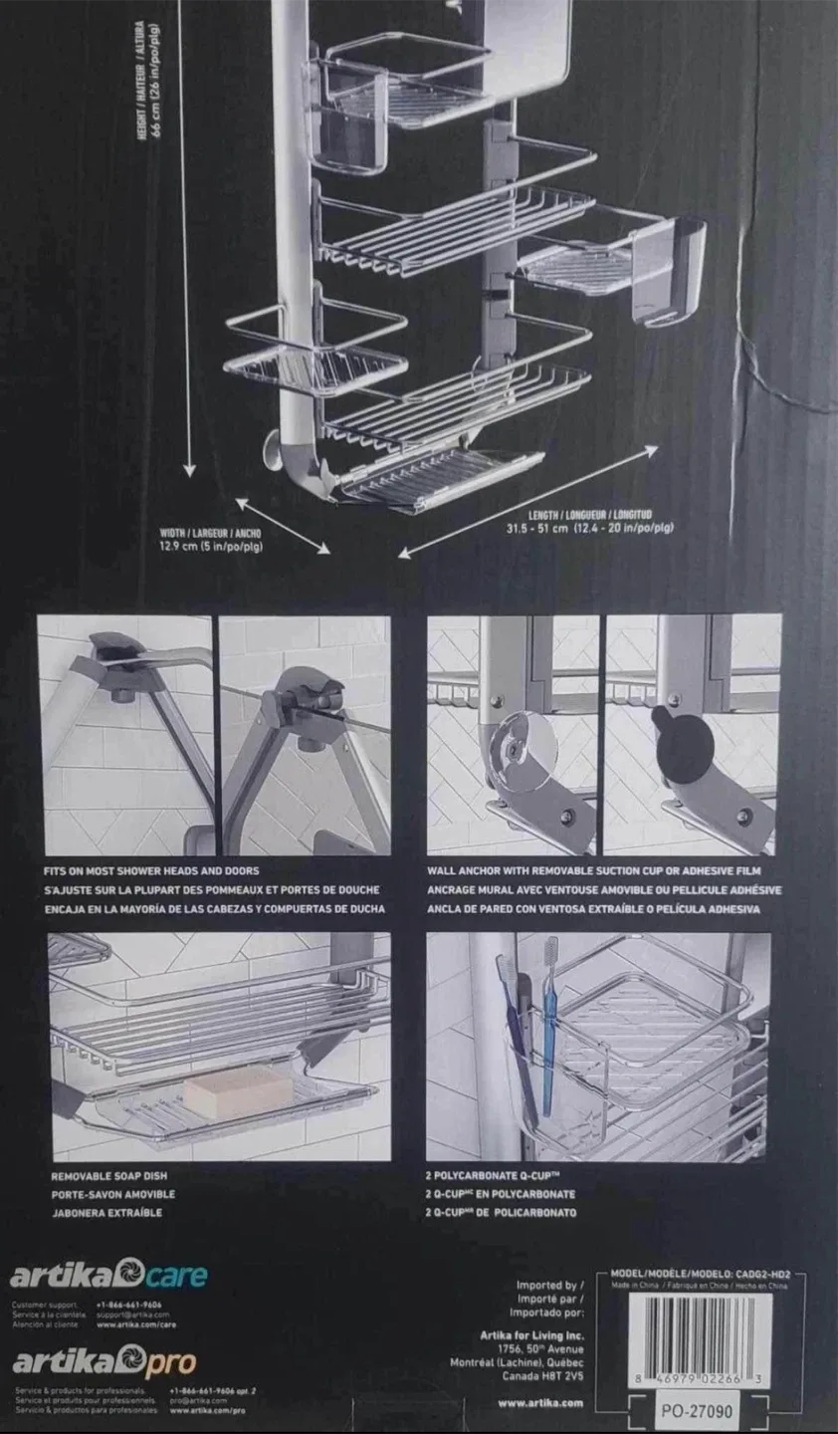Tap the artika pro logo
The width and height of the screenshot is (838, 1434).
pyautogui.click(x=103, y=1361)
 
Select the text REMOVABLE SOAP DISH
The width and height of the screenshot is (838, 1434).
pyautogui.click(x=108, y=1176)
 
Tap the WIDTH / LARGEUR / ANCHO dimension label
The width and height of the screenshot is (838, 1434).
pyautogui.click(x=210, y=533)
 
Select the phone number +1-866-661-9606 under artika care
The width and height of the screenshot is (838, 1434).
pyautogui.click(x=128, y=1304)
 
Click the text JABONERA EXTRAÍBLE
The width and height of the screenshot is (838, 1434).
pyautogui.click(x=105, y=1212)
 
